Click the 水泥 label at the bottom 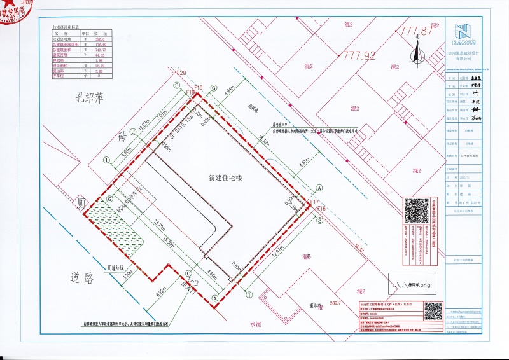pos(256,324)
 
